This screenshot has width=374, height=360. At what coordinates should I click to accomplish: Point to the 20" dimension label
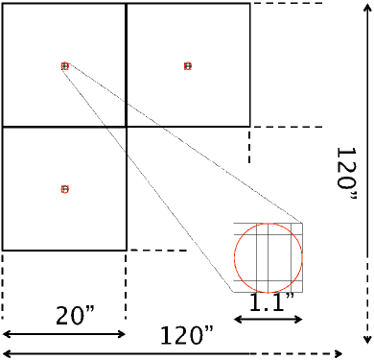(x=76, y=315)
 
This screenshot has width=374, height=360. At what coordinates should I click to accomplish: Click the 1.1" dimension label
(x=271, y=301)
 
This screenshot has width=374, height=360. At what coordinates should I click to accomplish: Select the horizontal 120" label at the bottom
(x=187, y=335)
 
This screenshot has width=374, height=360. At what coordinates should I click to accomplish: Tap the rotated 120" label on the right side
(x=346, y=173)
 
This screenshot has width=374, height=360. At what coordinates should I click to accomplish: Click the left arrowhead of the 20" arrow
(x=7, y=334)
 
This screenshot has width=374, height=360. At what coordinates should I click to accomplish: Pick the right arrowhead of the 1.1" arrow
(x=298, y=319)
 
